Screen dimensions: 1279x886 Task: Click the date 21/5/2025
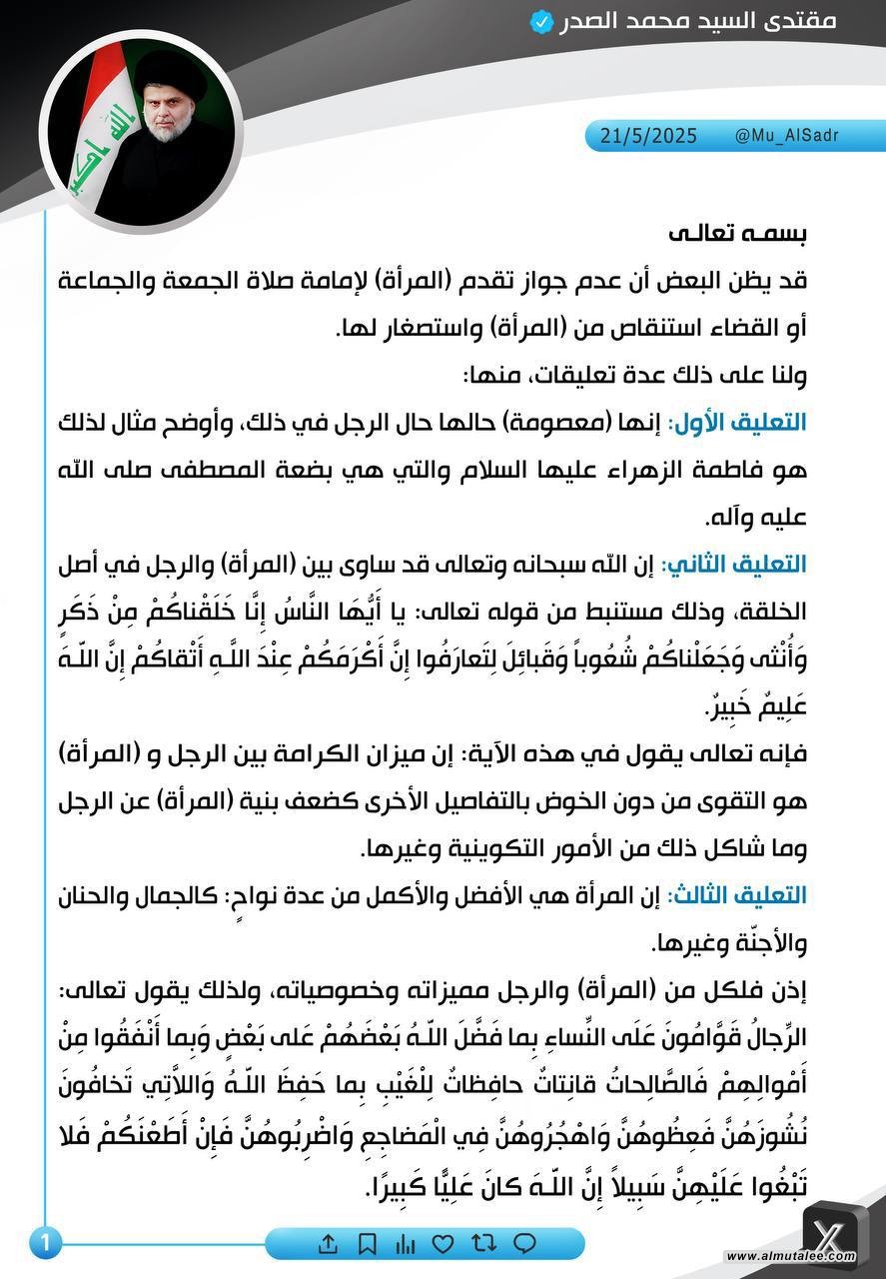(648, 136)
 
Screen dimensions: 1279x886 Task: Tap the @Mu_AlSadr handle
(786, 136)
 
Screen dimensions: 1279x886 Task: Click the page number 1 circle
(44, 1243)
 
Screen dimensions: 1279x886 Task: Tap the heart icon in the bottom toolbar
(442, 1244)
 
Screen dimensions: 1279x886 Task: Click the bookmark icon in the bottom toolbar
(367, 1244)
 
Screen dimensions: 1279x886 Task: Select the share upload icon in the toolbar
(328, 1244)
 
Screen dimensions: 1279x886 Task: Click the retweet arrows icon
(483, 1244)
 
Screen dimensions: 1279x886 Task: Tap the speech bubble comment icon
(523, 1244)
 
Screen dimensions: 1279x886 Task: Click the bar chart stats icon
(405, 1244)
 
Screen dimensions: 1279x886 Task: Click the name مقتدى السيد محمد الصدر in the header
(712, 21)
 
